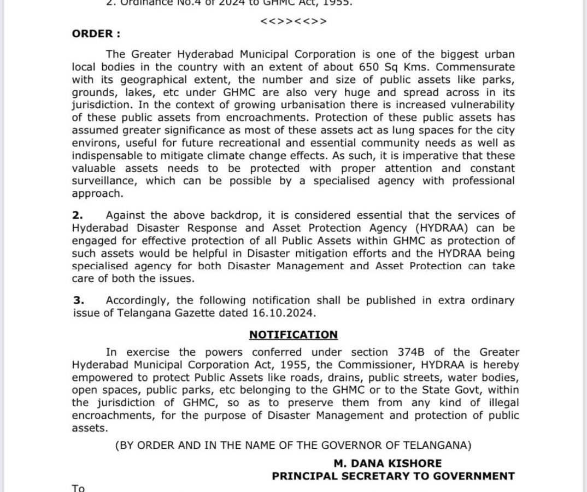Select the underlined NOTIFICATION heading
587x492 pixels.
click(x=293, y=335)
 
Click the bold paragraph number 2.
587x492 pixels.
click(x=78, y=215)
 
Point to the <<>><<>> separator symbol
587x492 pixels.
click(x=294, y=21)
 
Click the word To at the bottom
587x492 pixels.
click(x=78, y=488)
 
